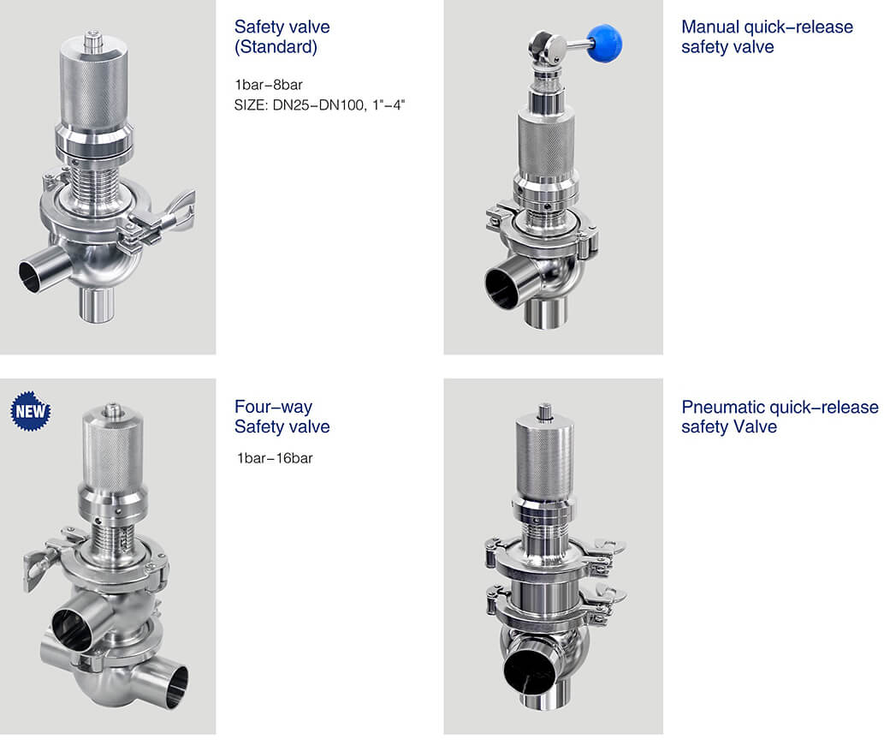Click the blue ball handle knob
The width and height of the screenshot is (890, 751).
604,43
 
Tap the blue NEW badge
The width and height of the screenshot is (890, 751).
31,411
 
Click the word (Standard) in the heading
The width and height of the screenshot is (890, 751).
276,46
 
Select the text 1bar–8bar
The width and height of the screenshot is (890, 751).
269,85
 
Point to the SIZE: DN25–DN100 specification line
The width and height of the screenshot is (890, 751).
319,105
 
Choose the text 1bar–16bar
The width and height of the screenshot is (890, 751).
275,458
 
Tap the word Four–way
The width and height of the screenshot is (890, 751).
273,407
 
